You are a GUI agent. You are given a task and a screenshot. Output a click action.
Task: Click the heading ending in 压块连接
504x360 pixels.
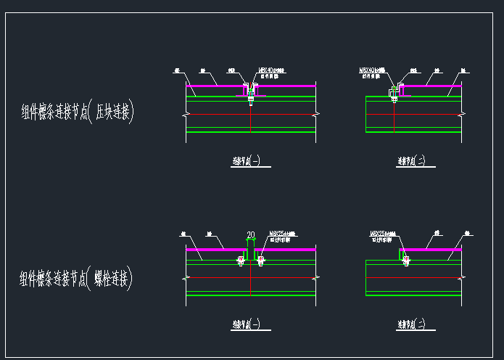click(x=79, y=112)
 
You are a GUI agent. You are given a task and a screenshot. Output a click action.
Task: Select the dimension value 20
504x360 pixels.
click(x=250, y=234)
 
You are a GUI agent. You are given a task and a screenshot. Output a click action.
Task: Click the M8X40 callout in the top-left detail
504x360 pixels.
click(x=272, y=70)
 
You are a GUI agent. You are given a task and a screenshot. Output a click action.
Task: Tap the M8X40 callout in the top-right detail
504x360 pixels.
click(x=373, y=70)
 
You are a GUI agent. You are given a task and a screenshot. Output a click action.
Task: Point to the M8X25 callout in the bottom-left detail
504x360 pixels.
click(x=279, y=234)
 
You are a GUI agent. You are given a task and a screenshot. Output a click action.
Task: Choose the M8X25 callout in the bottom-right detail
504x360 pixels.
click(x=382, y=234)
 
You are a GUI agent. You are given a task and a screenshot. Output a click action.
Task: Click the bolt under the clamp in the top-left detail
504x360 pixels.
click(x=250, y=99)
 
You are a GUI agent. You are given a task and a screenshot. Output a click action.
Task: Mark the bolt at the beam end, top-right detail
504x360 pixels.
click(x=394, y=97)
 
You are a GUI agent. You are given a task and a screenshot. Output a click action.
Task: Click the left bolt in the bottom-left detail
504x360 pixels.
click(x=241, y=260)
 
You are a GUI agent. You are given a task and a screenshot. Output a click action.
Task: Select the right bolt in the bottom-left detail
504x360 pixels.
click(x=260, y=260)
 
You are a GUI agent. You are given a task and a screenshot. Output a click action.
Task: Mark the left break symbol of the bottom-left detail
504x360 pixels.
click(x=186, y=278)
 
